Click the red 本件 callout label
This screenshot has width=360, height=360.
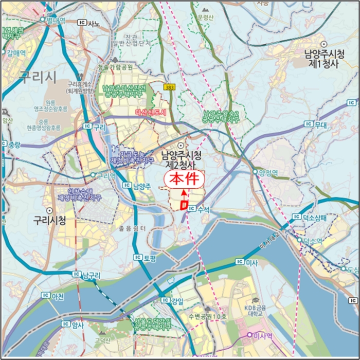pyautogui.click(x=184, y=179)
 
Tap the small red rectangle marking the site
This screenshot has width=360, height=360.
pyautogui.click(x=183, y=205)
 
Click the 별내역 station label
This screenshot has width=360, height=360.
pyautogui.click(x=55, y=20)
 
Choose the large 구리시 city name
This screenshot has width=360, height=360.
pyautogui.click(x=37, y=77)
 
